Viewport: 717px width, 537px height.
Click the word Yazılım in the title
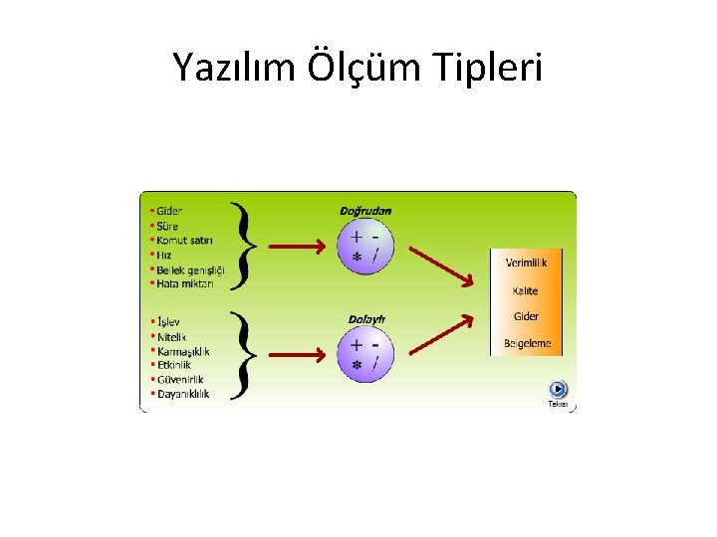[x=232, y=69]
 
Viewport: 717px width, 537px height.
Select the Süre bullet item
[x=166, y=226]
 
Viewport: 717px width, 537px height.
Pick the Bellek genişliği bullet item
[x=189, y=269]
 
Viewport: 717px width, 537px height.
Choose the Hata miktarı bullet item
[x=184, y=283]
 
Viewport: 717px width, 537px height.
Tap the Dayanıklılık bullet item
[x=182, y=394]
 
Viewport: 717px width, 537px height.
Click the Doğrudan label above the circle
[x=365, y=211]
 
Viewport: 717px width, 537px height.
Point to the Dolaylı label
[x=365, y=319]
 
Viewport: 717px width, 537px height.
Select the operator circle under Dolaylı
[x=364, y=355]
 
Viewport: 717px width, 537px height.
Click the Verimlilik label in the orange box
[x=526, y=264]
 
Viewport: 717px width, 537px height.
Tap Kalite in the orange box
[x=525, y=290]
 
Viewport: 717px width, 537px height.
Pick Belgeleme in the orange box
[x=526, y=344]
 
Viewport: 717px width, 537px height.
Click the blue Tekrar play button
[x=558, y=390]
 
